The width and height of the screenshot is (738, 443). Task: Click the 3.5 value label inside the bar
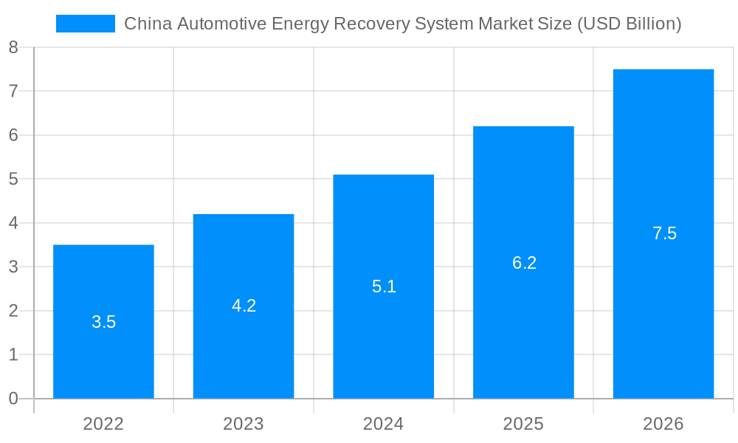pos(103,322)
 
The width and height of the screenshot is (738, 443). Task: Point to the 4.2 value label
pos(244,306)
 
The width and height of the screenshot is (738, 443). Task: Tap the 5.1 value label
pos(384,286)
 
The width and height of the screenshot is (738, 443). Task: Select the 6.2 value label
pos(524,263)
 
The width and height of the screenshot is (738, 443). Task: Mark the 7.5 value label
pos(664,234)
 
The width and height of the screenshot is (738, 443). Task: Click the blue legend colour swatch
pos(86,24)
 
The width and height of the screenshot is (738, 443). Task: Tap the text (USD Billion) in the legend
pos(629,24)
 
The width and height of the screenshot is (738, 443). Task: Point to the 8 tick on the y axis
pos(13,48)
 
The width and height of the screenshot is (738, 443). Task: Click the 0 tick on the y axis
pos(13,399)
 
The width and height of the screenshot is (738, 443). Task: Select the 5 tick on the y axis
pos(13,179)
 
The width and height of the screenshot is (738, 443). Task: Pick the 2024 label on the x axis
pos(384,424)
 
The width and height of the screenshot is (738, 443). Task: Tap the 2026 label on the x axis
pos(663,424)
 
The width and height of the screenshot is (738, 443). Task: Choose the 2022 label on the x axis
pos(103,424)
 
